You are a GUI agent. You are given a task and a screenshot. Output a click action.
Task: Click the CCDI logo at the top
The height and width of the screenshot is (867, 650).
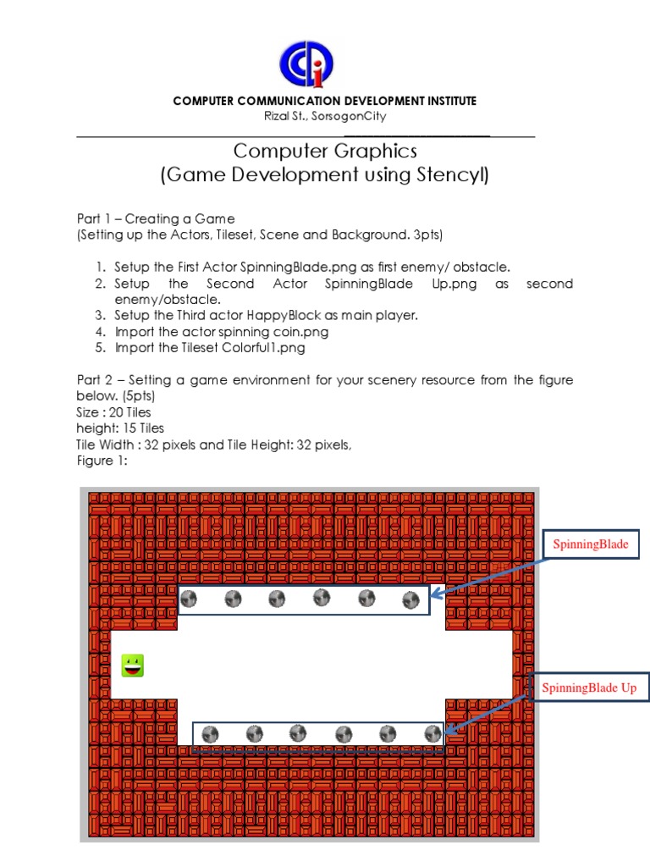pos(306,64)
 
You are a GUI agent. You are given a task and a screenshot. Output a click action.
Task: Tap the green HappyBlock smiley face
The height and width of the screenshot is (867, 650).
pos(133,665)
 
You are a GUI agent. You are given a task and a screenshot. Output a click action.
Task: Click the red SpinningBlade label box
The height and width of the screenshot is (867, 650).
pos(590,544)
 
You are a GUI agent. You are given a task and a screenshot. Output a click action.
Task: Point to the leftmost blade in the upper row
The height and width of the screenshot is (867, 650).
pos(189,599)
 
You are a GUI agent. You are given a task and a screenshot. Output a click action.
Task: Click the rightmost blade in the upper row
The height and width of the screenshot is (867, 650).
pos(410,599)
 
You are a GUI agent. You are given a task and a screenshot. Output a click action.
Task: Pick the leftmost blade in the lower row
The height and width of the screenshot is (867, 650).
pos(211,733)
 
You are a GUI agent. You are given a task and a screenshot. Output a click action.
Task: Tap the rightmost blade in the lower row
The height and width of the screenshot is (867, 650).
pos(433,732)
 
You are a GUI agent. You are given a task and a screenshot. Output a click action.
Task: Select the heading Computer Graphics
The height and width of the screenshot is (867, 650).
pos(325,151)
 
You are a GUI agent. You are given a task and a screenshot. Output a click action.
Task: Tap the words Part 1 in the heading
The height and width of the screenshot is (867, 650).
pos(93,219)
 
